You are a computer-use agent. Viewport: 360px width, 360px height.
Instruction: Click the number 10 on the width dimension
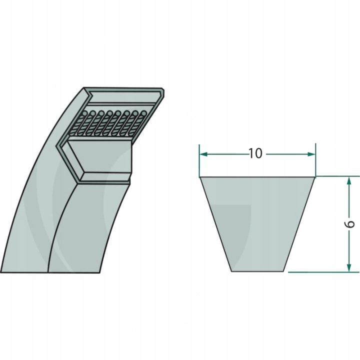[255, 153]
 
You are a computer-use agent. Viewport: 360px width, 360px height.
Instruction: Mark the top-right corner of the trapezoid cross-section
[315, 177]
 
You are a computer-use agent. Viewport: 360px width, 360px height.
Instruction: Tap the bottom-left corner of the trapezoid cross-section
[231, 271]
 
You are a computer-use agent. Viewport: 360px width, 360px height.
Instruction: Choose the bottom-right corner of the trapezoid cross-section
[285, 271]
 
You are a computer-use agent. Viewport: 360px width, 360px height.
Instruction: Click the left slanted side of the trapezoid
[215, 224]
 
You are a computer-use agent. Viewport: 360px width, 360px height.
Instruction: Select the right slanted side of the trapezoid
[300, 224]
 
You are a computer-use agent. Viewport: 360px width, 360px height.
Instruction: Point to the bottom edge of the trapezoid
[258, 271]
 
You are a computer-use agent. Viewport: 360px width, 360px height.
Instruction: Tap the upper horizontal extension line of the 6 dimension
[337, 176]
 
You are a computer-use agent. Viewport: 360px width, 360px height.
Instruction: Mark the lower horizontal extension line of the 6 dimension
[325, 272]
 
